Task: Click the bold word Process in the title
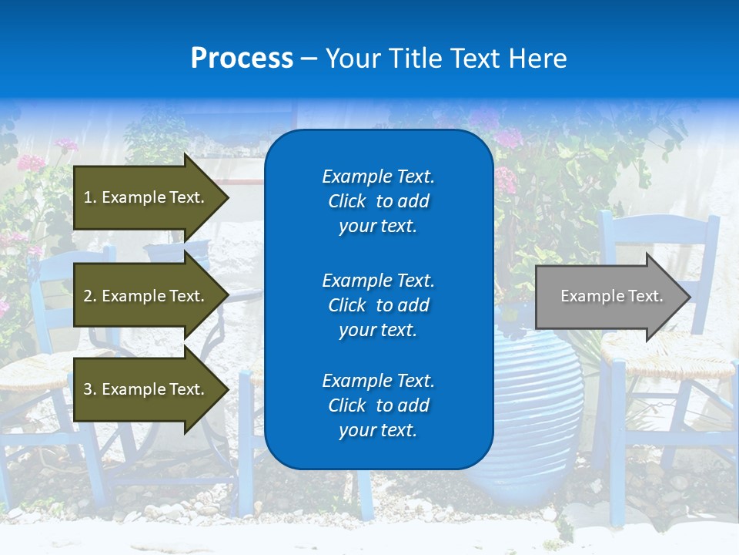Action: pyautogui.click(x=242, y=59)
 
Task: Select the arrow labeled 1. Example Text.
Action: pyautogui.click(x=146, y=197)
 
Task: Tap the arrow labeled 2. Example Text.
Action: pyautogui.click(x=146, y=296)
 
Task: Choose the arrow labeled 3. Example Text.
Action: pyautogui.click(x=146, y=389)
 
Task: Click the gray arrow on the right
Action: pyautogui.click(x=608, y=296)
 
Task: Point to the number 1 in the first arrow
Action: pyautogui.click(x=87, y=197)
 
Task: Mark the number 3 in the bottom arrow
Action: pyautogui.click(x=87, y=389)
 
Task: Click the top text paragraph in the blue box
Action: pyautogui.click(x=378, y=201)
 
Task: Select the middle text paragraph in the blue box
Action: pyautogui.click(x=378, y=305)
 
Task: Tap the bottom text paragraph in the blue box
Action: pyautogui.click(x=378, y=405)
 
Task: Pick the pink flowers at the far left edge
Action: pyautogui.click(x=31, y=163)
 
